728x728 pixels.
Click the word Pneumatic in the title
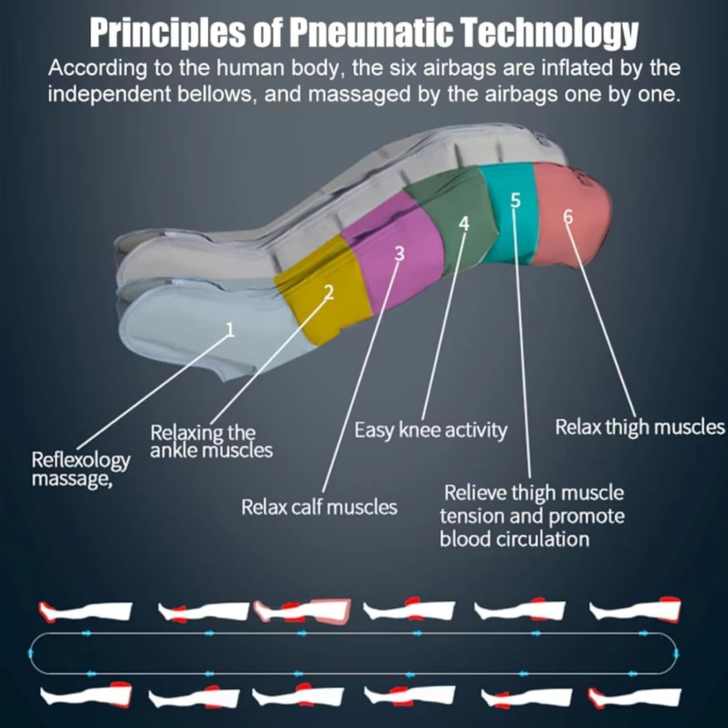(371, 33)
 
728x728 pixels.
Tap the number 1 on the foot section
(230, 330)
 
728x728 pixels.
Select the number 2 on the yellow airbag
(329, 293)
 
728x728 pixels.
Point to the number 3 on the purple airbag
(399, 253)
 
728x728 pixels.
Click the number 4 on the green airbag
(464, 224)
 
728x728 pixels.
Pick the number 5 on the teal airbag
(515, 200)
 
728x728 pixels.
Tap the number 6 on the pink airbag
(568, 217)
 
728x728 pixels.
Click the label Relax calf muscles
(319, 507)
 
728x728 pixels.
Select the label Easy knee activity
(430, 430)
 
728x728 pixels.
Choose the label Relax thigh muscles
(639, 427)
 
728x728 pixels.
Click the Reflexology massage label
(80, 469)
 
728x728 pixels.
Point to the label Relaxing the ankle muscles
(211, 441)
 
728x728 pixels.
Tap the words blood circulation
(514, 539)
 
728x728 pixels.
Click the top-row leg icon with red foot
(85, 612)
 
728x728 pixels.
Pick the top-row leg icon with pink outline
(302, 611)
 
